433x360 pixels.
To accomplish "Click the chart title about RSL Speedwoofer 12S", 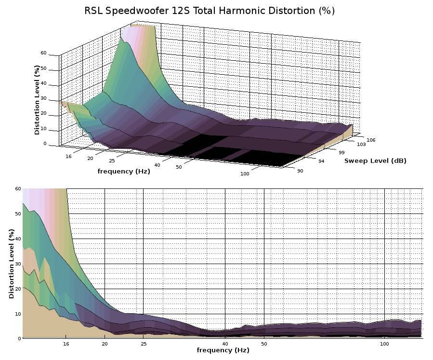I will pos(210,11).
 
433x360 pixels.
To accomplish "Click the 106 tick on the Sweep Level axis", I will pos(370,140).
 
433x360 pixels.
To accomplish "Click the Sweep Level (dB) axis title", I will pos(375,160).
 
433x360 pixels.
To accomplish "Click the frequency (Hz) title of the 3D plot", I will pos(124,171).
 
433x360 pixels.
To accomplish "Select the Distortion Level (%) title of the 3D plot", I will pos(37,100).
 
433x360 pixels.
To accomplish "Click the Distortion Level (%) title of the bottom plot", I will pos(12,264).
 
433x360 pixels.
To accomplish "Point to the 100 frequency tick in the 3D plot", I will pos(245,174).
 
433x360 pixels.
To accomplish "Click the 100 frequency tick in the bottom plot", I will pos(384,344).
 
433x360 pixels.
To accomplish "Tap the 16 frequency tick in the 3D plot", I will pos(68,156).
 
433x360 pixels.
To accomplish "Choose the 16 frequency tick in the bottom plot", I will pos(66,344).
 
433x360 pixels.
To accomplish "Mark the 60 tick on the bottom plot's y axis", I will pos(18,188).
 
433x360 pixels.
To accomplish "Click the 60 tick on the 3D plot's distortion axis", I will pos(43,53).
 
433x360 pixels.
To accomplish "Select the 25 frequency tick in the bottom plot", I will pos(144,344).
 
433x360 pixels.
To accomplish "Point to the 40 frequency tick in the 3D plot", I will pos(157,165).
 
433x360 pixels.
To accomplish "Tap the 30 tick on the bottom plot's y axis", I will pos(18,264).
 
